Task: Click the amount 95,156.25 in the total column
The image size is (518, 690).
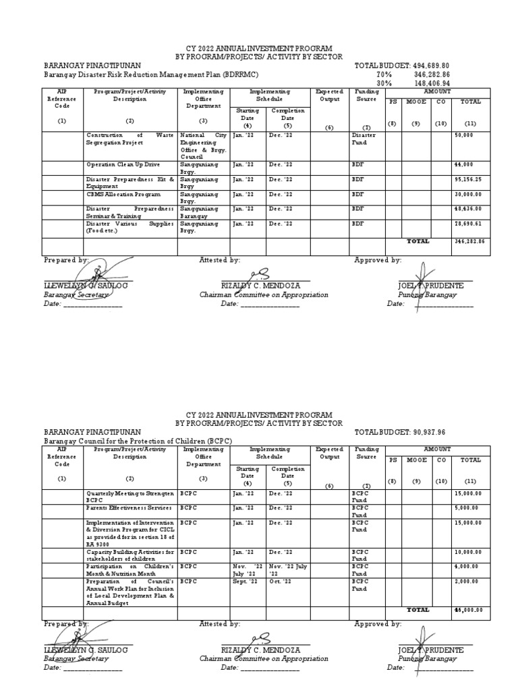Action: coord(468,179)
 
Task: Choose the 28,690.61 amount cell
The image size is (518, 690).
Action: coord(468,223)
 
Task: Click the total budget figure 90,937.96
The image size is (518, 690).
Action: coord(424,432)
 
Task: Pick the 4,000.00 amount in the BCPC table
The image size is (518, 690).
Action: coord(468,567)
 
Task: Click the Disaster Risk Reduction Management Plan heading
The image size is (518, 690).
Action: coord(146,75)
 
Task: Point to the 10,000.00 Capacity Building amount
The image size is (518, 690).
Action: coord(468,552)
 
